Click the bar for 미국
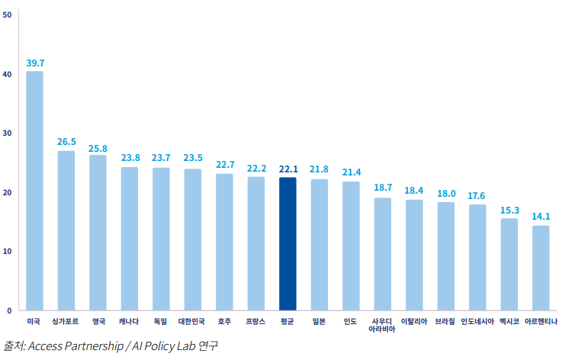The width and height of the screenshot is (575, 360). pyautogui.click(x=34, y=191)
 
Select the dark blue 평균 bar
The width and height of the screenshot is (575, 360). pyautogui.click(x=287, y=243)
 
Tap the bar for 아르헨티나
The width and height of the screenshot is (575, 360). pyautogui.click(x=541, y=268)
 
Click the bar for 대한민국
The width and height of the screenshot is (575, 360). pyautogui.click(x=193, y=239)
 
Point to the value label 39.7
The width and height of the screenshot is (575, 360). pyautogui.click(x=35, y=63)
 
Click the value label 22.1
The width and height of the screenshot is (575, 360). pyautogui.click(x=288, y=169)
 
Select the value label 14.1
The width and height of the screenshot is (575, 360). pyautogui.click(x=541, y=216)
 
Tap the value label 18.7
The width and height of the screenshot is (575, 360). pyautogui.click(x=383, y=188)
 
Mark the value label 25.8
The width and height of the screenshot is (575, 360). pyautogui.click(x=98, y=147)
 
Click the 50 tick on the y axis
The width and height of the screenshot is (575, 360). pyautogui.click(x=7, y=15)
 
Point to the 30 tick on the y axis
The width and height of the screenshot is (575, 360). pyautogui.click(x=7, y=133)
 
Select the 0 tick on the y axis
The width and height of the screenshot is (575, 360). pyautogui.click(x=9, y=310)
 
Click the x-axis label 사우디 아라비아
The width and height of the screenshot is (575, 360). pyautogui.click(x=382, y=326)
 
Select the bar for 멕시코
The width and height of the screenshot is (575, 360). pyautogui.click(x=509, y=264)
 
